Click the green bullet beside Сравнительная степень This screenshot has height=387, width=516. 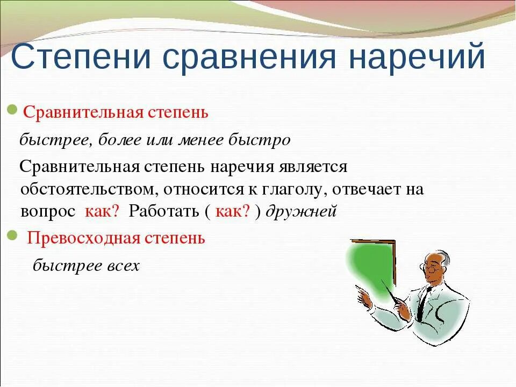point(12,110)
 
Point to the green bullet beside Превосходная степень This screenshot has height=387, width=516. point(12,235)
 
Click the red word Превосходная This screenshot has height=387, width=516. point(84,238)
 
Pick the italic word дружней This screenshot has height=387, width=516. point(301,211)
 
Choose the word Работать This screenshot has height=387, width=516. point(164,211)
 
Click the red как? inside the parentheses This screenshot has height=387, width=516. point(233,211)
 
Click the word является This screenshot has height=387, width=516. point(313,167)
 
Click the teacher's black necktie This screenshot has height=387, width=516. point(422,304)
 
